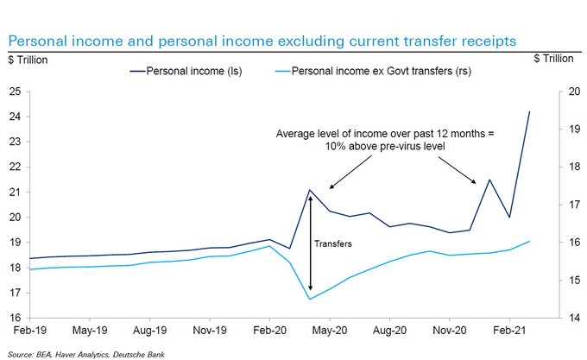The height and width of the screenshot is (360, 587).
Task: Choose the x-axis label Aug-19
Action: (150, 332)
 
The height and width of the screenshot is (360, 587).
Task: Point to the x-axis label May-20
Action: (330, 332)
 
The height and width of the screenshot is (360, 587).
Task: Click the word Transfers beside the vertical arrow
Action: (333, 245)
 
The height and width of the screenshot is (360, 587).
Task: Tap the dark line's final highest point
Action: (529, 111)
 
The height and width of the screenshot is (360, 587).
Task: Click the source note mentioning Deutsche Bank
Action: (83, 353)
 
